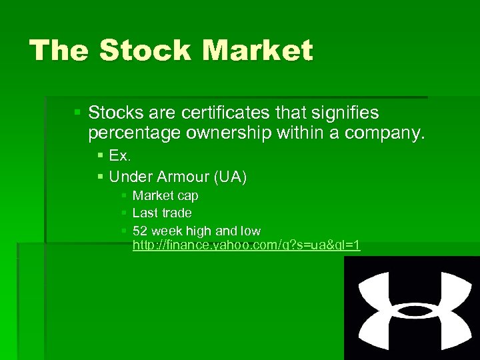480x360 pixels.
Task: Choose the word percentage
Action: click(x=134, y=133)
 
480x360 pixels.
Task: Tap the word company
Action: click(x=385, y=133)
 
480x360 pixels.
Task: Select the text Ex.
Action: click(x=119, y=156)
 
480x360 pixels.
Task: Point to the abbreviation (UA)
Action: click(x=230, y=177)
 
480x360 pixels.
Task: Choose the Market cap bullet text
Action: click(x=165, y=196)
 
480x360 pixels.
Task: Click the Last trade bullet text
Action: click(x=162, y=213)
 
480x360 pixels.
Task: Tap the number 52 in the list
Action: click(x=140, y=231)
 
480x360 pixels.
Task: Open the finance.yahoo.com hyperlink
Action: click(x=246, y=245)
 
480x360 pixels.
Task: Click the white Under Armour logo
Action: click(x=411, y=307)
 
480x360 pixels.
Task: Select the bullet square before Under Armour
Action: click(x=100, y=176)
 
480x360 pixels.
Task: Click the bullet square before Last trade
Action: click(x=124, y=213)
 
